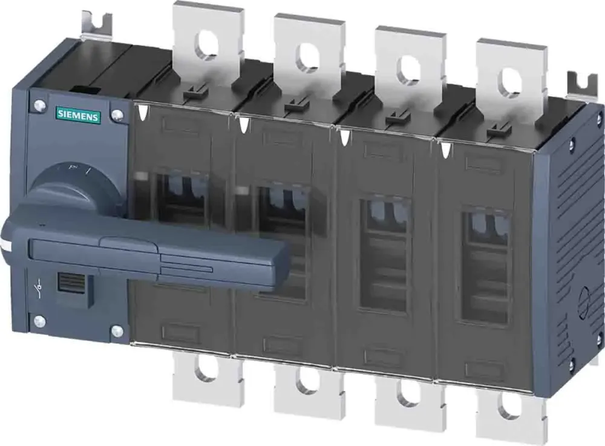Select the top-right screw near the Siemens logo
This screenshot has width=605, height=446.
coord(117,114)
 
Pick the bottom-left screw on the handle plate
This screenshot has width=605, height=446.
coord(39,321)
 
